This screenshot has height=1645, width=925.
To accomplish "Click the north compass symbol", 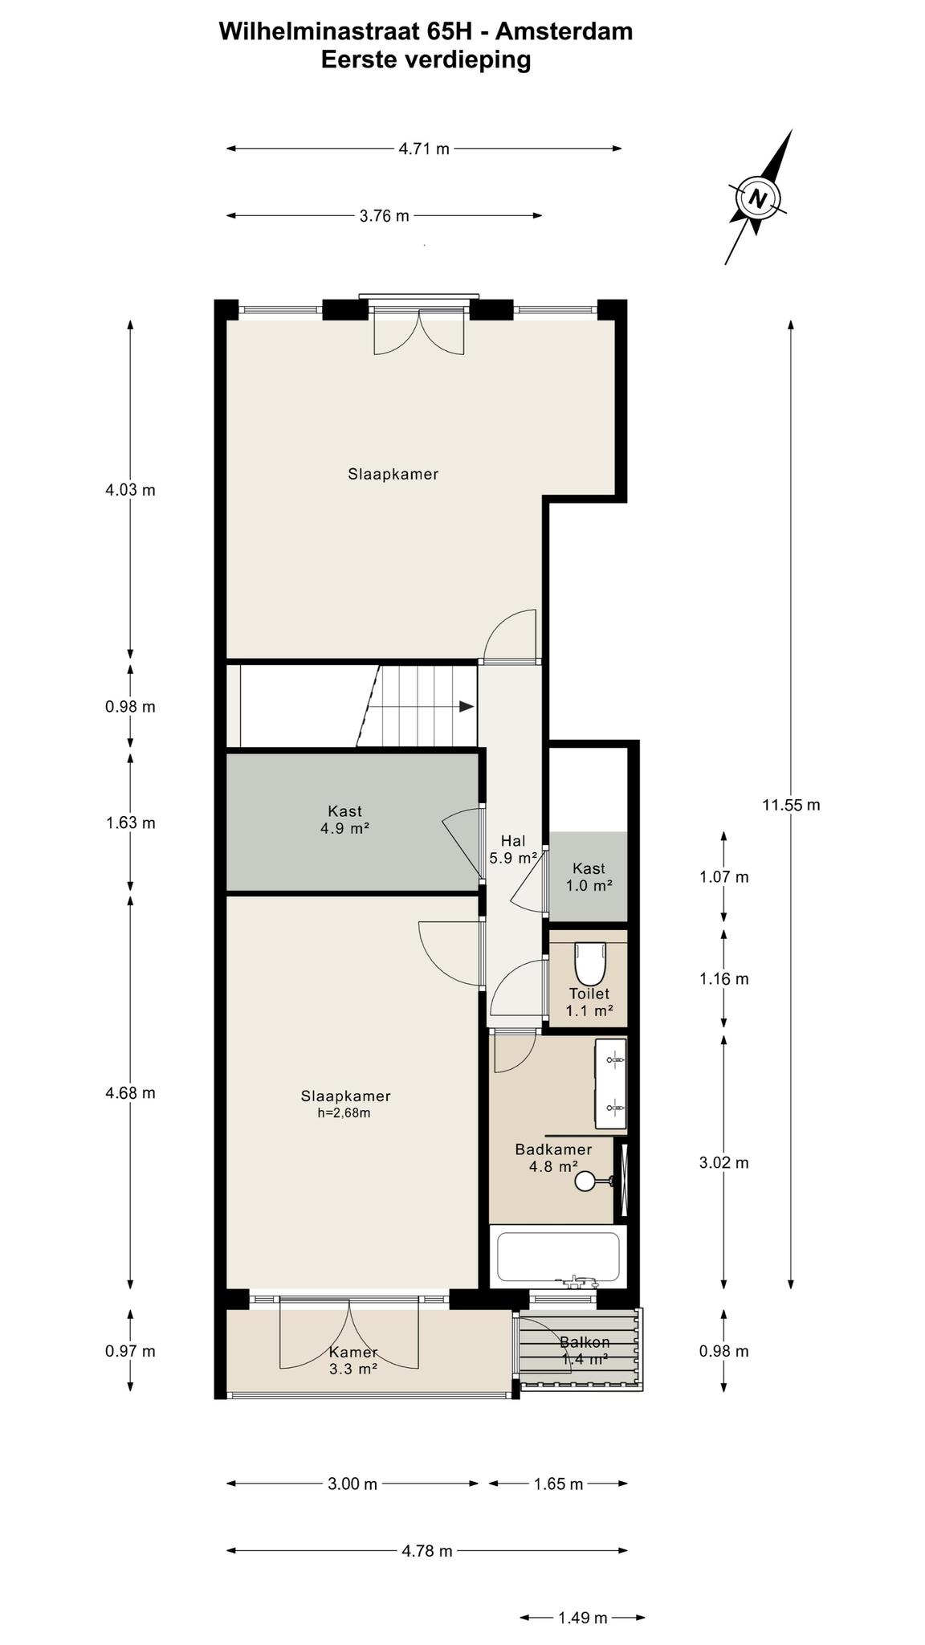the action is (x=757, y=197).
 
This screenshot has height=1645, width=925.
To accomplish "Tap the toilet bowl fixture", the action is (x=589, y=962).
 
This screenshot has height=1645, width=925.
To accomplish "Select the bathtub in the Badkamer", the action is (x=558, y=1258).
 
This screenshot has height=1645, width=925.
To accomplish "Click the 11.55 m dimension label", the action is (x=791, y=805).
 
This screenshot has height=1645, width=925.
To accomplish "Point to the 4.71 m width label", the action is (x=424, y=149).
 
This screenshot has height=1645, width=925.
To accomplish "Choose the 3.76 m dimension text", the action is (x=385, y=215).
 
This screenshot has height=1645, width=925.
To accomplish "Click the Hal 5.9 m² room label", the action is (x=513, y=849).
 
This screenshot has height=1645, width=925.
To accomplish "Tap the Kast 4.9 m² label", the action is (x=344, y=820).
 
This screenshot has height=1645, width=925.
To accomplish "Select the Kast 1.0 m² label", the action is (x=589, y=877).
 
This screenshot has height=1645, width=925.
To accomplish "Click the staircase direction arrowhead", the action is (x=467, y=707).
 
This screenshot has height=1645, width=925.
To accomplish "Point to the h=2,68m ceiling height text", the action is (x=344, y=1113).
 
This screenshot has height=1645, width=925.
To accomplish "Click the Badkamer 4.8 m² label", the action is (x=553, y=1157).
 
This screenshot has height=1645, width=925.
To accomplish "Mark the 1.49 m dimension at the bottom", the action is (x=582, y=1618).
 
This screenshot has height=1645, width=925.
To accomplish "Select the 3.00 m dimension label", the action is (x=352, y=1484).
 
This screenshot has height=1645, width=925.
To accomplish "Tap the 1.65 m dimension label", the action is (x=558, y=1484).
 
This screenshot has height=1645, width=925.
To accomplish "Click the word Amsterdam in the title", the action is (x=564, y=31).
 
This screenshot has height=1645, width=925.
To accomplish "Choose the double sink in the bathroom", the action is (x=610, y=1084).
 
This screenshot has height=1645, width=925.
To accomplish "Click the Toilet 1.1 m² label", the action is (x=589, y=1002).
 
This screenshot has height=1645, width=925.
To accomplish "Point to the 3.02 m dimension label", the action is (x=723, y=1162).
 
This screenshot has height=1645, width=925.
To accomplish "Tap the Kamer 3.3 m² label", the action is (x=352, y=1360).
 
